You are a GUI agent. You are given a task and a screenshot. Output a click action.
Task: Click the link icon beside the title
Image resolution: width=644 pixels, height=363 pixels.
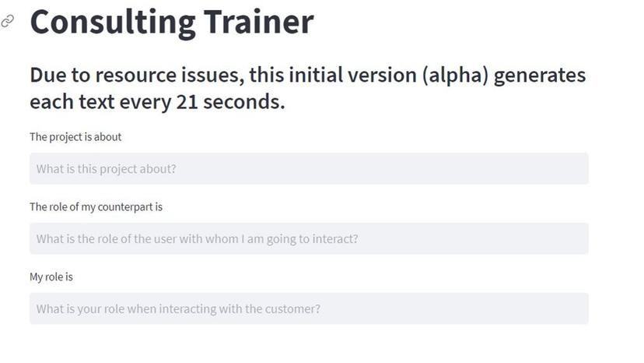[8, 21]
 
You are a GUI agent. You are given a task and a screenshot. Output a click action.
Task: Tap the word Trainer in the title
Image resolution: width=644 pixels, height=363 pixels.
[258, 21]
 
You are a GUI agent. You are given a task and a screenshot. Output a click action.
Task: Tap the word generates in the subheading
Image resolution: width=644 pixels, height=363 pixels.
[540, 76]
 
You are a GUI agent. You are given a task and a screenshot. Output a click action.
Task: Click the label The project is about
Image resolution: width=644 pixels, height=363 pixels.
[75, 136]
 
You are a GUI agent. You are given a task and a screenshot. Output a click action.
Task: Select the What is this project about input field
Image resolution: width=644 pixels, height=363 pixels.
[309, 169]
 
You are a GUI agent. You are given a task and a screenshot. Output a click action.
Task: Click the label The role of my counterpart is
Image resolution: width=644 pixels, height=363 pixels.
[96, 206]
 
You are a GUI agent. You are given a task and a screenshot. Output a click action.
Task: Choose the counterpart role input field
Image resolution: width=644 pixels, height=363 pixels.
[309, 238]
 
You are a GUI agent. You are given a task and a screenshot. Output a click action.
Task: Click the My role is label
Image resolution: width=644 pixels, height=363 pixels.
[51, 277]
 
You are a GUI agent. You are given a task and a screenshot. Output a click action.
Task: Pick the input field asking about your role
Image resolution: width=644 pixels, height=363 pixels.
[309, 308]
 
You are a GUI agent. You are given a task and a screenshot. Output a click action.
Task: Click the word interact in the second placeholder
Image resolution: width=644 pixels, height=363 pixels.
[334, 238]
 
